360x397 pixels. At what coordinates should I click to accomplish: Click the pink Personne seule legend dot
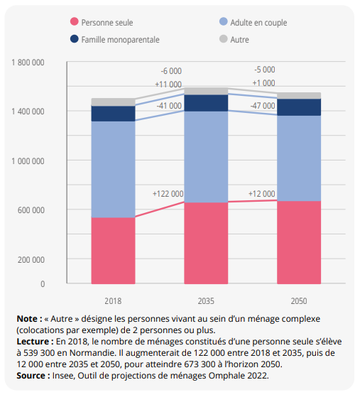coord(74,21)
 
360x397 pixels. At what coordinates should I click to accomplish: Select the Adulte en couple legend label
coord(258,23)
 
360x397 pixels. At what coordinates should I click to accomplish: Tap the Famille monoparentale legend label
coord(120,40)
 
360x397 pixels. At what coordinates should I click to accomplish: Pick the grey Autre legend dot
coord(223,39)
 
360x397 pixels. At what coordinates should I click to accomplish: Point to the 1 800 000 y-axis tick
coord(28,62)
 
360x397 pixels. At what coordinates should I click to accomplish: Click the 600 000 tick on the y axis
coord(31,210)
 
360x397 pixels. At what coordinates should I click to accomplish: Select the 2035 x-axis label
coord(206,301)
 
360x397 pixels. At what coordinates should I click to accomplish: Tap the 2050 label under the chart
coord(299,301)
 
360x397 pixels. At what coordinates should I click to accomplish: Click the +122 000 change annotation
coord(168,194)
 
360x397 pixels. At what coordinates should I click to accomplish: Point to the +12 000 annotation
coord(261,194)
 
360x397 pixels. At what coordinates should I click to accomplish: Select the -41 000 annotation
coord(169,106)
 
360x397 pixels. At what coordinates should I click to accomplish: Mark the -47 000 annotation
coord(263,106)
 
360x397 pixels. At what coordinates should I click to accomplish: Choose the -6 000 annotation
coord(171,71)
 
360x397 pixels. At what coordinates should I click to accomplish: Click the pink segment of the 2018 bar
coord(113,251)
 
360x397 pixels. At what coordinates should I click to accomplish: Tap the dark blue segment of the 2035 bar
coord(206,103)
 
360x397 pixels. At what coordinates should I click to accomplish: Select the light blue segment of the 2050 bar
coord(299,158)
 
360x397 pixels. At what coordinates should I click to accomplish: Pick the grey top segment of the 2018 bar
coord(113,102)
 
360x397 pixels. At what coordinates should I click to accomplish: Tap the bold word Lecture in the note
coord(33,342)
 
